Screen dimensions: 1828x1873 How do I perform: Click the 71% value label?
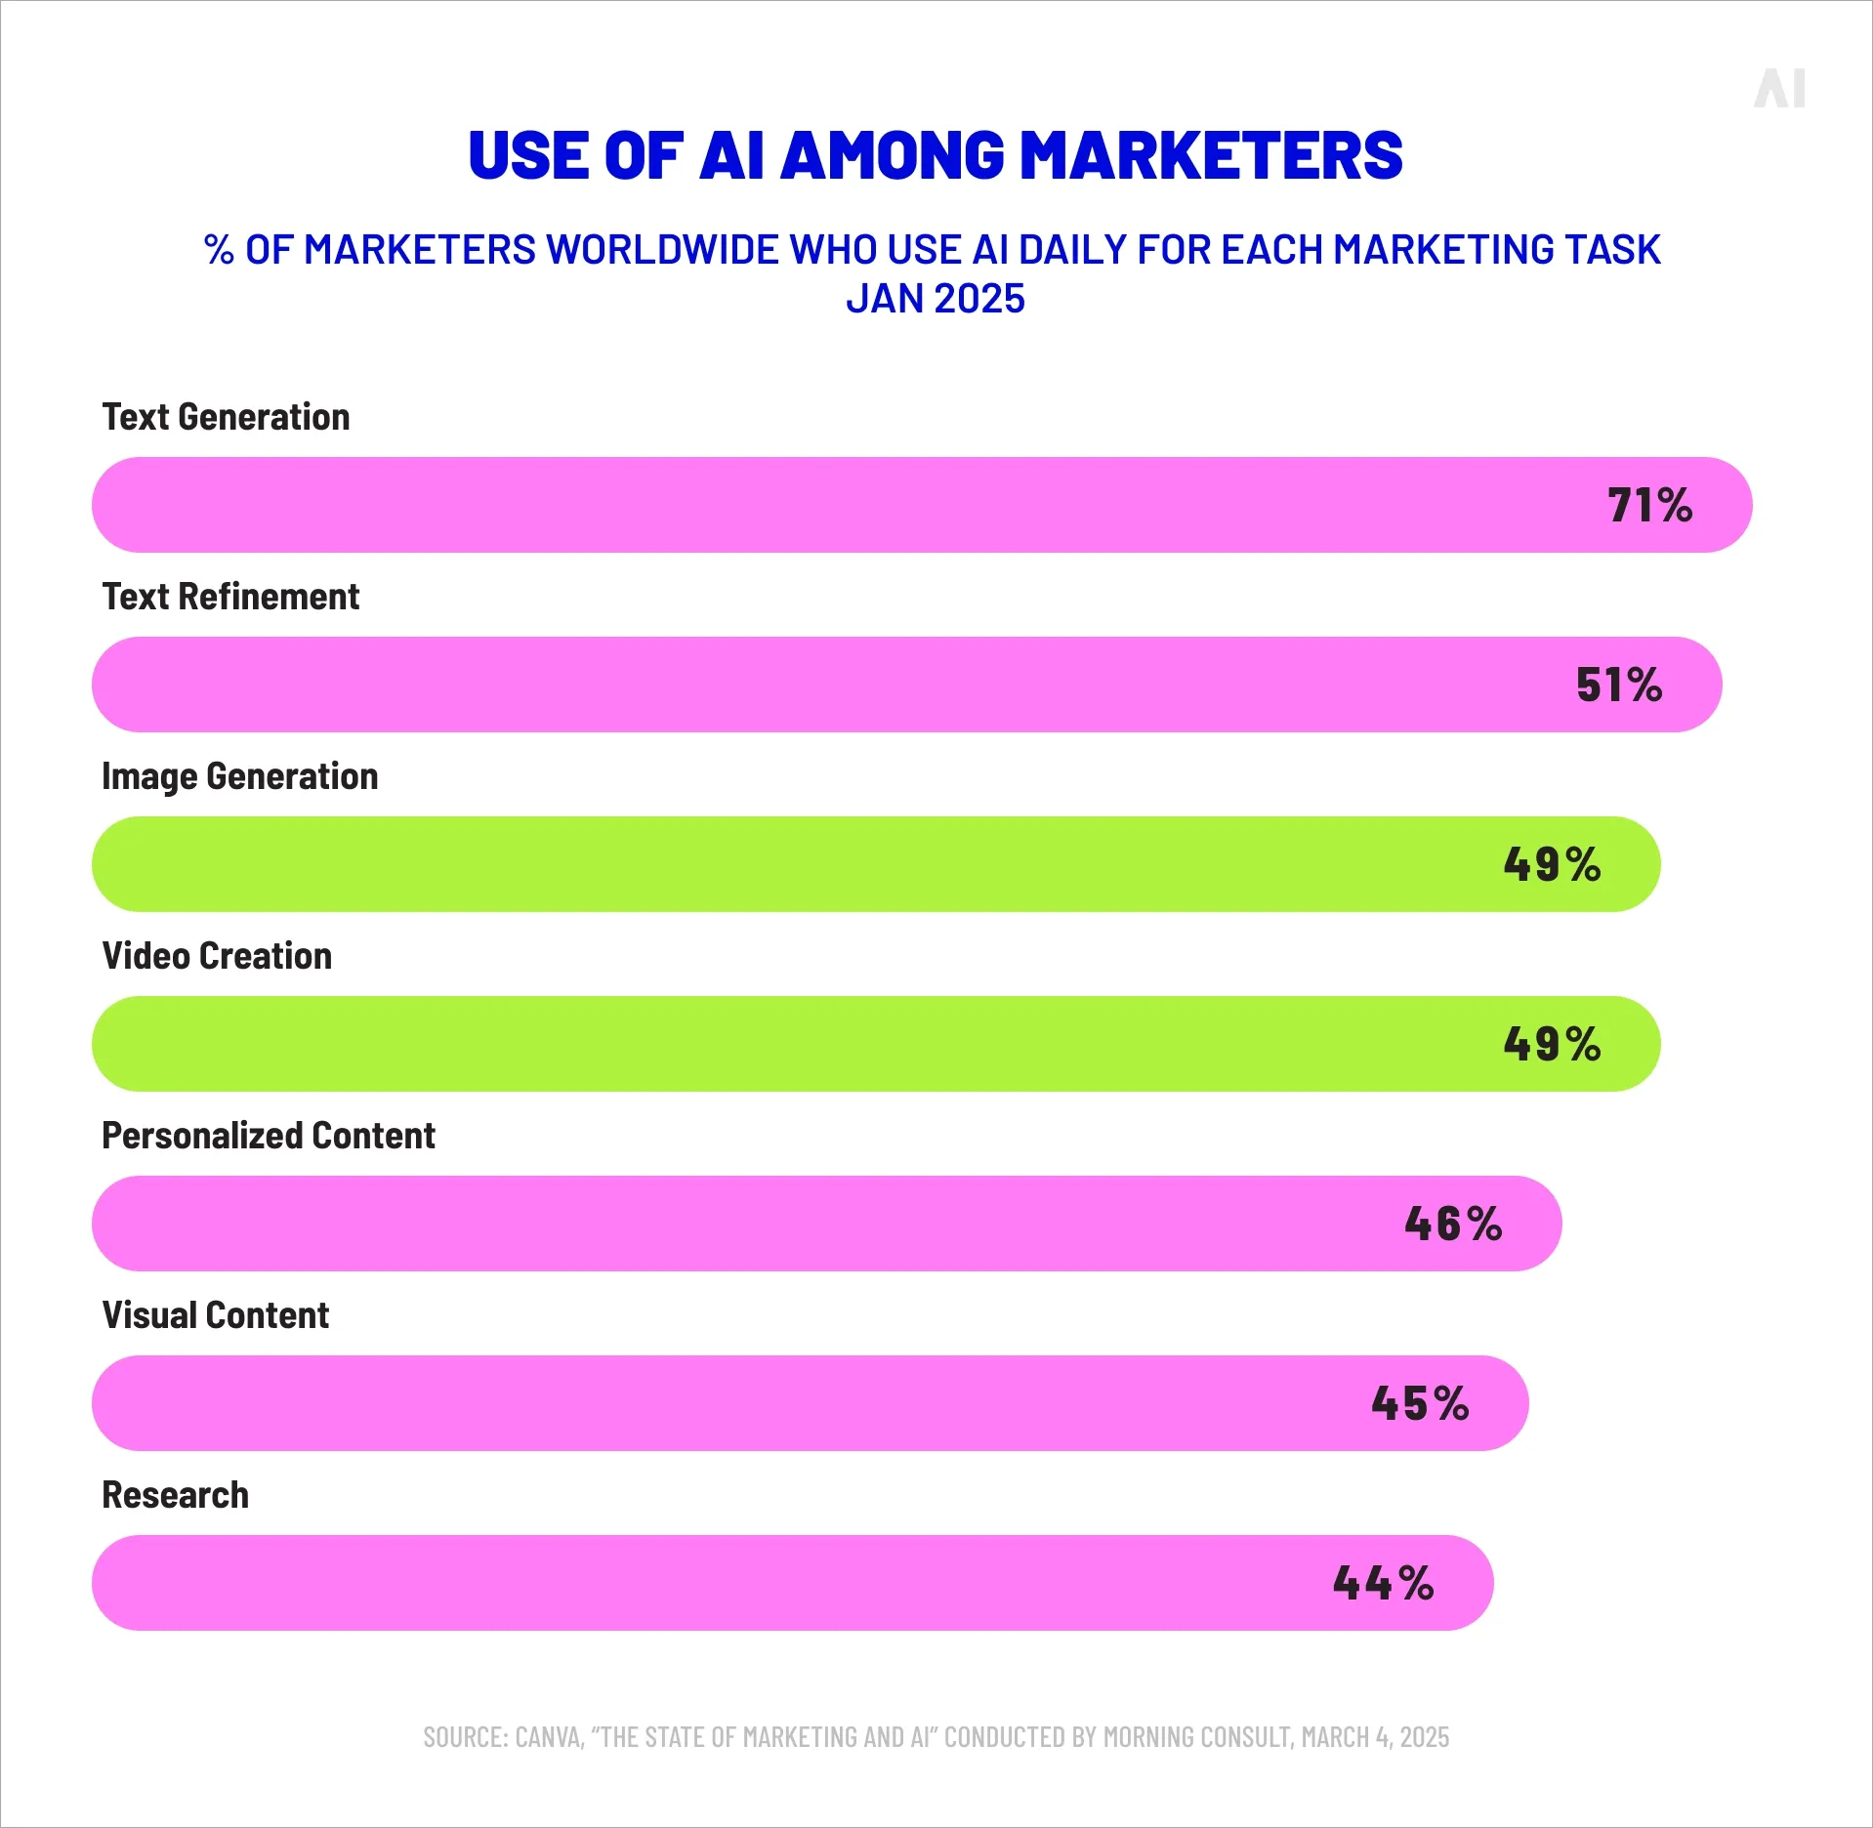pos(1649,505)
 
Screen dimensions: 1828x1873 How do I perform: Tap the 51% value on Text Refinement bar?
pos(1618,685)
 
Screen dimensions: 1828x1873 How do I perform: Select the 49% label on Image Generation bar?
pos(1552,864)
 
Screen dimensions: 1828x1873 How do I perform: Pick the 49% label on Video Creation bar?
pos(1552,1044)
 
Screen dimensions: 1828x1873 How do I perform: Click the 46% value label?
pos(1453,1224)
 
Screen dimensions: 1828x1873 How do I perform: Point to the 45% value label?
pos(1420,1403)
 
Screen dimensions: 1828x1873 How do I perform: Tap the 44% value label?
pos(1383,1583)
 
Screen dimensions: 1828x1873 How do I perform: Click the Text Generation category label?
pos(226,417)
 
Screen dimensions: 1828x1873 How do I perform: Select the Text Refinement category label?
pos(230,597)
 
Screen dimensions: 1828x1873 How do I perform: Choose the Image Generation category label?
pos(239,776)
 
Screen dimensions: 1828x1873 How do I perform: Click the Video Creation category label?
pos(217,956)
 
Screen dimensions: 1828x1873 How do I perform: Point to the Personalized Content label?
pos(269,1136)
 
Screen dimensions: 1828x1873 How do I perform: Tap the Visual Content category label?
pos(215,1315)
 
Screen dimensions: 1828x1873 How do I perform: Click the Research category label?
pos(175,1495)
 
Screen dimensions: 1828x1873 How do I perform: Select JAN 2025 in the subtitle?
pos(935,299)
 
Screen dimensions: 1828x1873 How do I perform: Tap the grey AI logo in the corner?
pos(1779,89)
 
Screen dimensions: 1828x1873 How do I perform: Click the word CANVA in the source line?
pos(549,1737)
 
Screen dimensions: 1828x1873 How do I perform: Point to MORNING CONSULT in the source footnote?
pos(1197,1737)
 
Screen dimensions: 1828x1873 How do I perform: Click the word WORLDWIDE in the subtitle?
pos(664,250)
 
